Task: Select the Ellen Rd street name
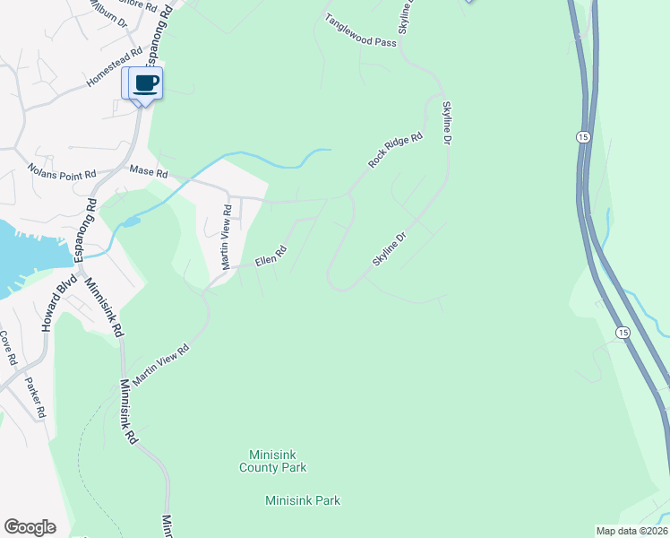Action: [270, 256]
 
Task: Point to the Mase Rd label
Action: [149, 170]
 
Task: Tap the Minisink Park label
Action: [303, 500]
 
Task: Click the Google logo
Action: [30, 527]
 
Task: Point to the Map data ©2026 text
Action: [631, 531]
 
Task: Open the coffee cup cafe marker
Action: [145, 83]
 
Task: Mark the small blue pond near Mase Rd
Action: [131, 221]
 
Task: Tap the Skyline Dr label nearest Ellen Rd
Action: [391, 248]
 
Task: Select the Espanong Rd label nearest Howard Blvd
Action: [86, 230]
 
